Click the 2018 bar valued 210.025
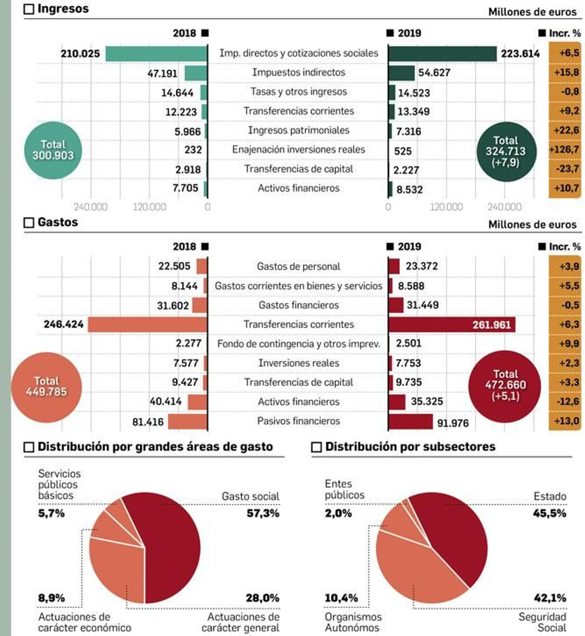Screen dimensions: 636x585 [x=156, y=54]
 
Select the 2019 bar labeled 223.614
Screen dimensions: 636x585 [x=442, y=54]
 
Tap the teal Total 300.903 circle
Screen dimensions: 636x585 [x=53, y=150]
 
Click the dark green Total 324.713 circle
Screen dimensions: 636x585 [x=506, y=151]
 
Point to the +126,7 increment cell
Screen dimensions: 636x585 [x=564, y=149]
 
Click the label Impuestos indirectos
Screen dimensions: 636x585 [x=298, y=72]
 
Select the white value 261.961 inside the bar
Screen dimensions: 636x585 [x=491, y=325]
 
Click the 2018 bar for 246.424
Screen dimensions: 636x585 [x=147, y=325]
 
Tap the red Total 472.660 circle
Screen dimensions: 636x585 [x=505, y=386]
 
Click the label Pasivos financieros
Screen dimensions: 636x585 [x=298, y=421]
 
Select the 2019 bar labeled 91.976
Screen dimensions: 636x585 [x=410, y=422]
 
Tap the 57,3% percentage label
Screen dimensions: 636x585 [x=263, y=513]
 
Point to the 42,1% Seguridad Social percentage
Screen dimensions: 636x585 [x=550, y=598]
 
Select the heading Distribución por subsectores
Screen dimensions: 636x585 [x=410, y=447]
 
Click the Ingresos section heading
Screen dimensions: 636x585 [x=63, y=9]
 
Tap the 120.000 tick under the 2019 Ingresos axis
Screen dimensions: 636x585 [x=446, y=207]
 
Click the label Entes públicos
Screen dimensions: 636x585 [x=344, y=489]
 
